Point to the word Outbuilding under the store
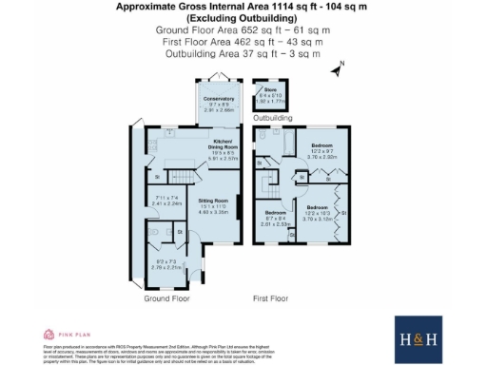(272, 119)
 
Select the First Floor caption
(270, 298)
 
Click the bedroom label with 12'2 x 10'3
(319, 214)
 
